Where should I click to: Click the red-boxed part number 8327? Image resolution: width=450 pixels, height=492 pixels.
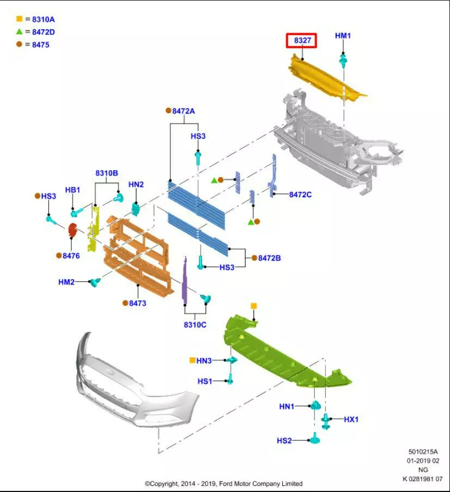click(301, 40)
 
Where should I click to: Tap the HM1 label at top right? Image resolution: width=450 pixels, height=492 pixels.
click(343, 36)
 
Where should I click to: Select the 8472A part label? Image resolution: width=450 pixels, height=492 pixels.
click(183, 111)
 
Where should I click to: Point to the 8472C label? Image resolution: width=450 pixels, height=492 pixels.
click(300, 194)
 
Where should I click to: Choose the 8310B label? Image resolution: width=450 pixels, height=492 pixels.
click(107, 173)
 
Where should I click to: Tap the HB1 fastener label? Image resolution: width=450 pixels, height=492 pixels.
click(72, 190)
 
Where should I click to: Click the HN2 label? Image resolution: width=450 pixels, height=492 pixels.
click(136, 185)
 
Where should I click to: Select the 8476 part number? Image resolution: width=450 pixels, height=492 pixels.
click(71, 255)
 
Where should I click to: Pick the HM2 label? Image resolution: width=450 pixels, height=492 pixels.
click(66, 282)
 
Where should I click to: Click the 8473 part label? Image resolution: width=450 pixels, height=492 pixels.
click(137, 303)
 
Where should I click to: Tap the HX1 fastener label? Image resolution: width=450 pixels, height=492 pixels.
click(351, 419)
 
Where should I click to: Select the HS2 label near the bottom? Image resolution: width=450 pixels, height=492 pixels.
click(284, 440)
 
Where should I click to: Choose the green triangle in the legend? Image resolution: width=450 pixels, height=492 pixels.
click(19, 32)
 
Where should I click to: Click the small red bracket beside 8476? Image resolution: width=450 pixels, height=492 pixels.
click(72, 230)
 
